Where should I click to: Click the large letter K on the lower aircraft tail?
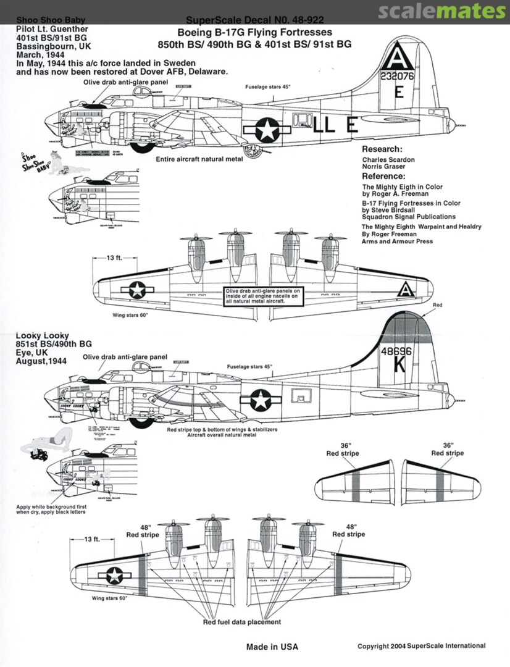[x=399, y=365]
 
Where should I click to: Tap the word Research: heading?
[x=382, y=149]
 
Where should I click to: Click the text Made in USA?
[x=272, y=647]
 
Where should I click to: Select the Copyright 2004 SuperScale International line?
[x=421, y=646]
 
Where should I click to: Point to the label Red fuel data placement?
[x=242, y=622]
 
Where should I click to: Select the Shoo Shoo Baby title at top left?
[x=43, y=19]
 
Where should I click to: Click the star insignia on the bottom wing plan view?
[x=114, y=576]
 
